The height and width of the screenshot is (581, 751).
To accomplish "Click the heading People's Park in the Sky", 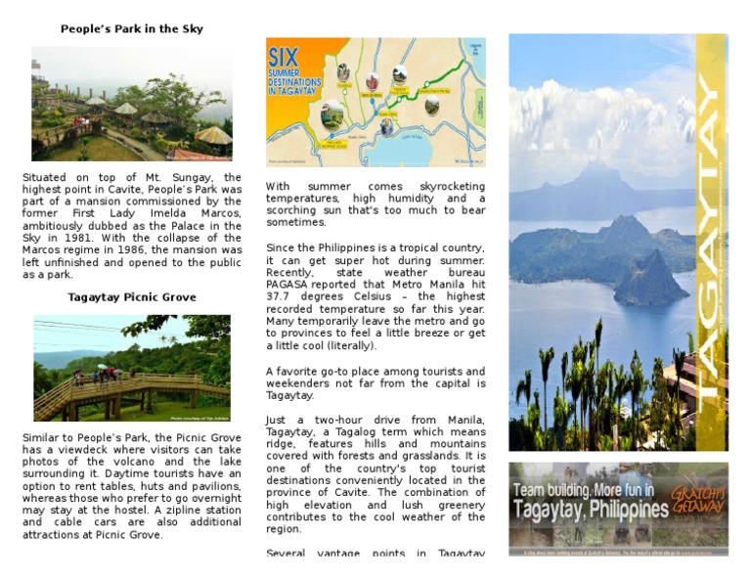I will click(x=132, y=29).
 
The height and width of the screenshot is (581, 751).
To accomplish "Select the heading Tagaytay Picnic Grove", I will click(x=132, y=297).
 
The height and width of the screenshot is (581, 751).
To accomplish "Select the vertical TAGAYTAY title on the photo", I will click(x=711, y=245).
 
